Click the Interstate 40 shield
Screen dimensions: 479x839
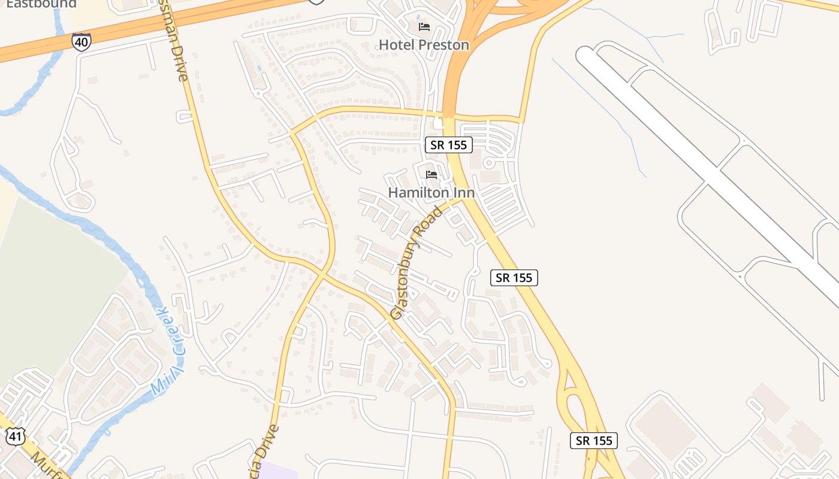[81, 41]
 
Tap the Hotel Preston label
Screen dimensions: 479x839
[424, 45]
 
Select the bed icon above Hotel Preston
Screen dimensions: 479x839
[424, 27]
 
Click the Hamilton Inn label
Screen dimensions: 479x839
[431, 193]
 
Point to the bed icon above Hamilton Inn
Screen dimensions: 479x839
[431, 175]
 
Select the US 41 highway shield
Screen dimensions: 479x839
[15, 436]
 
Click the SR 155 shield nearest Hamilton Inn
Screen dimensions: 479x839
[449, 144]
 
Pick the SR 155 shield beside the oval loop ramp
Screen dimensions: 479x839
[593, 441]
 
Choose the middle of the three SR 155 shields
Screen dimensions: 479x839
[514, 278]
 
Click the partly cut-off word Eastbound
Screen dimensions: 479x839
[41, 4]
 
